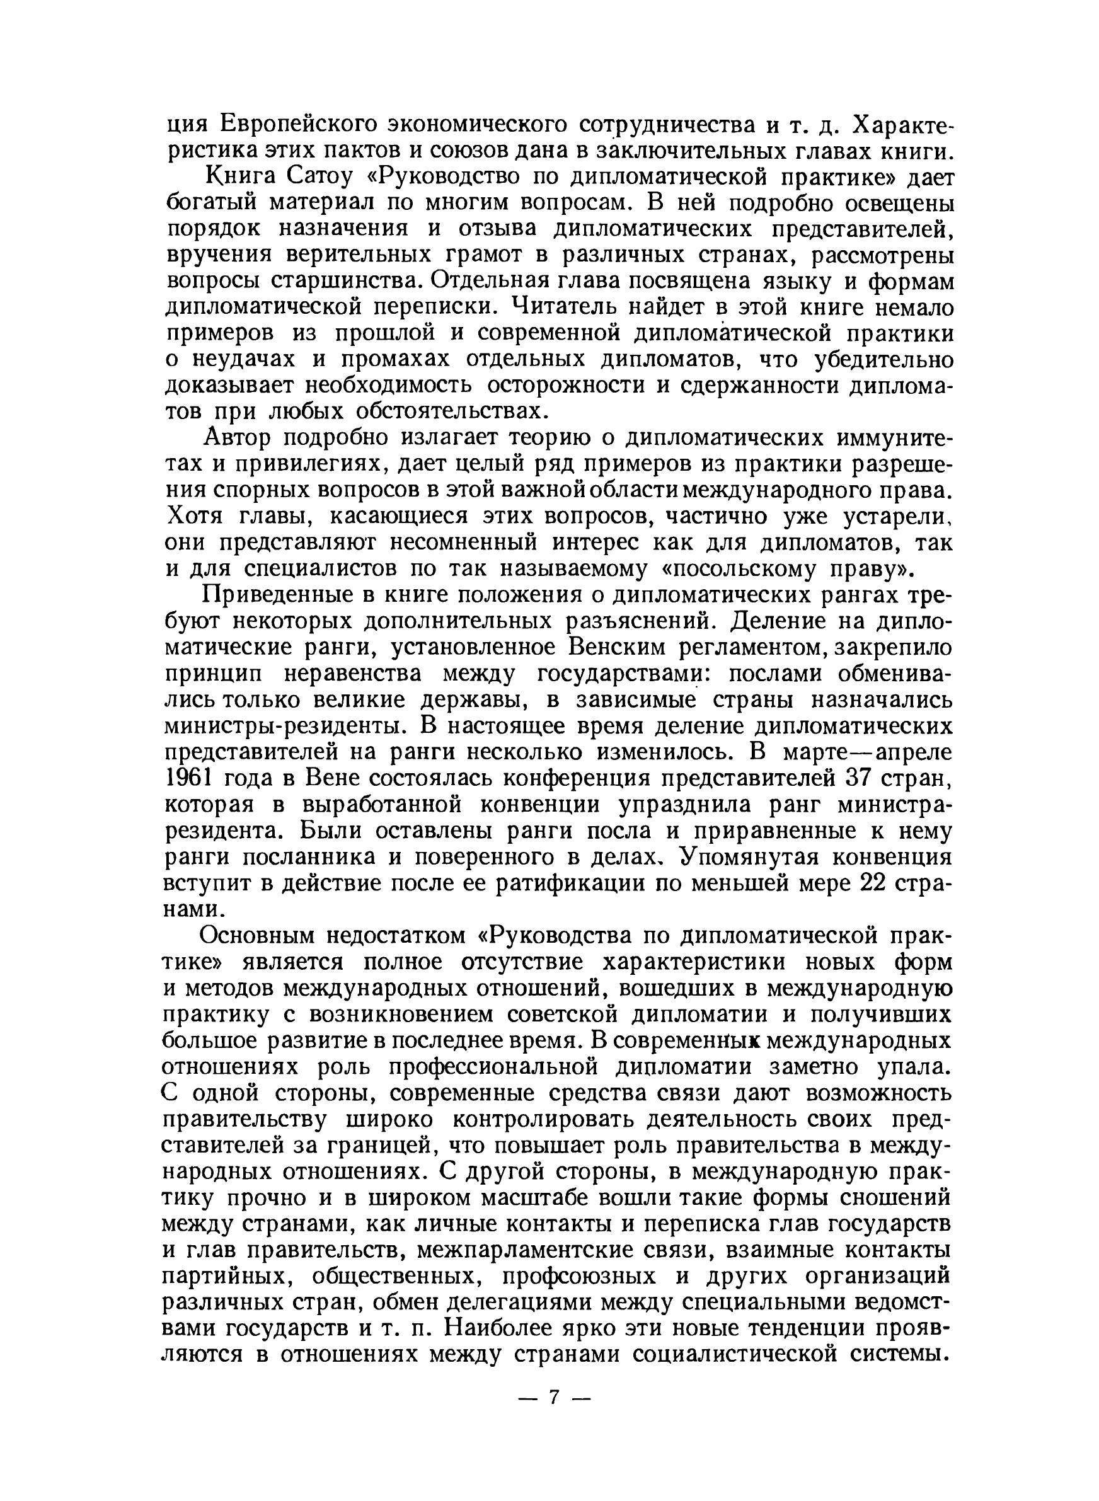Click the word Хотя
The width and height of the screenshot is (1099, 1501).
(x=195, y=517)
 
